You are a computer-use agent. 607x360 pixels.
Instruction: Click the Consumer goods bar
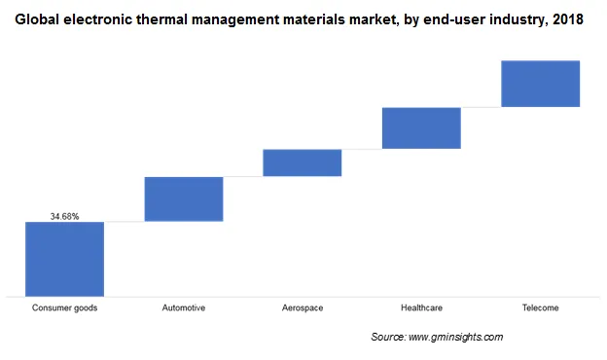click(64, 258)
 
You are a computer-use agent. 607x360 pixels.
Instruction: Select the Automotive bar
click(184, 198)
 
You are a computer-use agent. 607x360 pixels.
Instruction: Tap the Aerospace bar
click(302, 162)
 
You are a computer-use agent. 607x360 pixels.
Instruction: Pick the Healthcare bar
click(421, 127)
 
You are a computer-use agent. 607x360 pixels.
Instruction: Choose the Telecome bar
click(540, 84)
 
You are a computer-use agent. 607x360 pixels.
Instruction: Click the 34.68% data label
click(64, 216)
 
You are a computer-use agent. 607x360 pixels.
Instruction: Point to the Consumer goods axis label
click(64, 308)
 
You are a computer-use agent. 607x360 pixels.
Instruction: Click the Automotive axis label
click(184, 308)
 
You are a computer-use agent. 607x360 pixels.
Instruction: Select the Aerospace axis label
click(302, 308)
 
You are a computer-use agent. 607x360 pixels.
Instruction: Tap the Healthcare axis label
click(421, 308)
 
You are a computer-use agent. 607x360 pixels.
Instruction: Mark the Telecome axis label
click(540, 308)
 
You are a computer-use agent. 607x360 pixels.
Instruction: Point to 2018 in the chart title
click(566, 19)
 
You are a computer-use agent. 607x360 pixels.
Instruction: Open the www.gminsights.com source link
click(456, 337)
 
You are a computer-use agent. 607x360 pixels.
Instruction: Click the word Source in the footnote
click(389, 337)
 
